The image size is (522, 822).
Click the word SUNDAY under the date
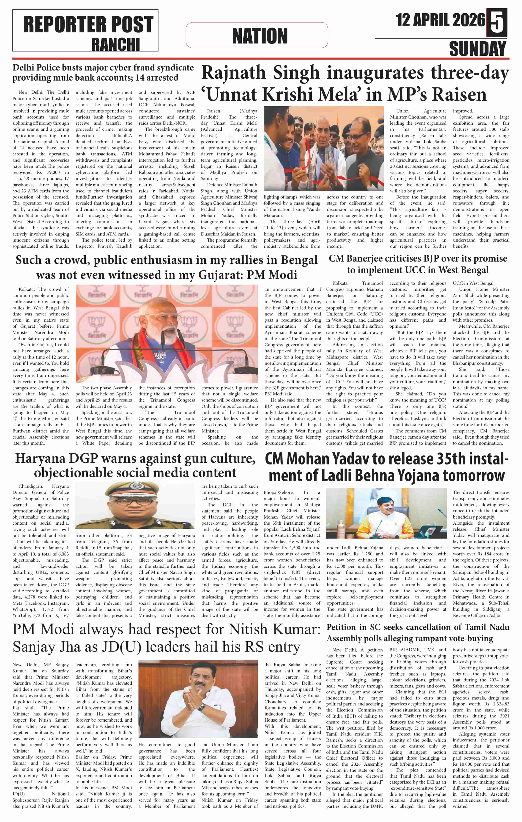tap(477, 48)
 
